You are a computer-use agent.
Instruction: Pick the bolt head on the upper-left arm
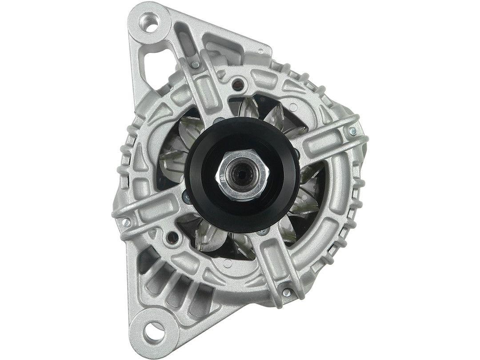point(195,64)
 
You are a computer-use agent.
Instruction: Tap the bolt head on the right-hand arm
point(352,131)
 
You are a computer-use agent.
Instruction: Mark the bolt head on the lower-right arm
point(287,292)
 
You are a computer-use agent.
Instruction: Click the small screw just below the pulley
point(263,232)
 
